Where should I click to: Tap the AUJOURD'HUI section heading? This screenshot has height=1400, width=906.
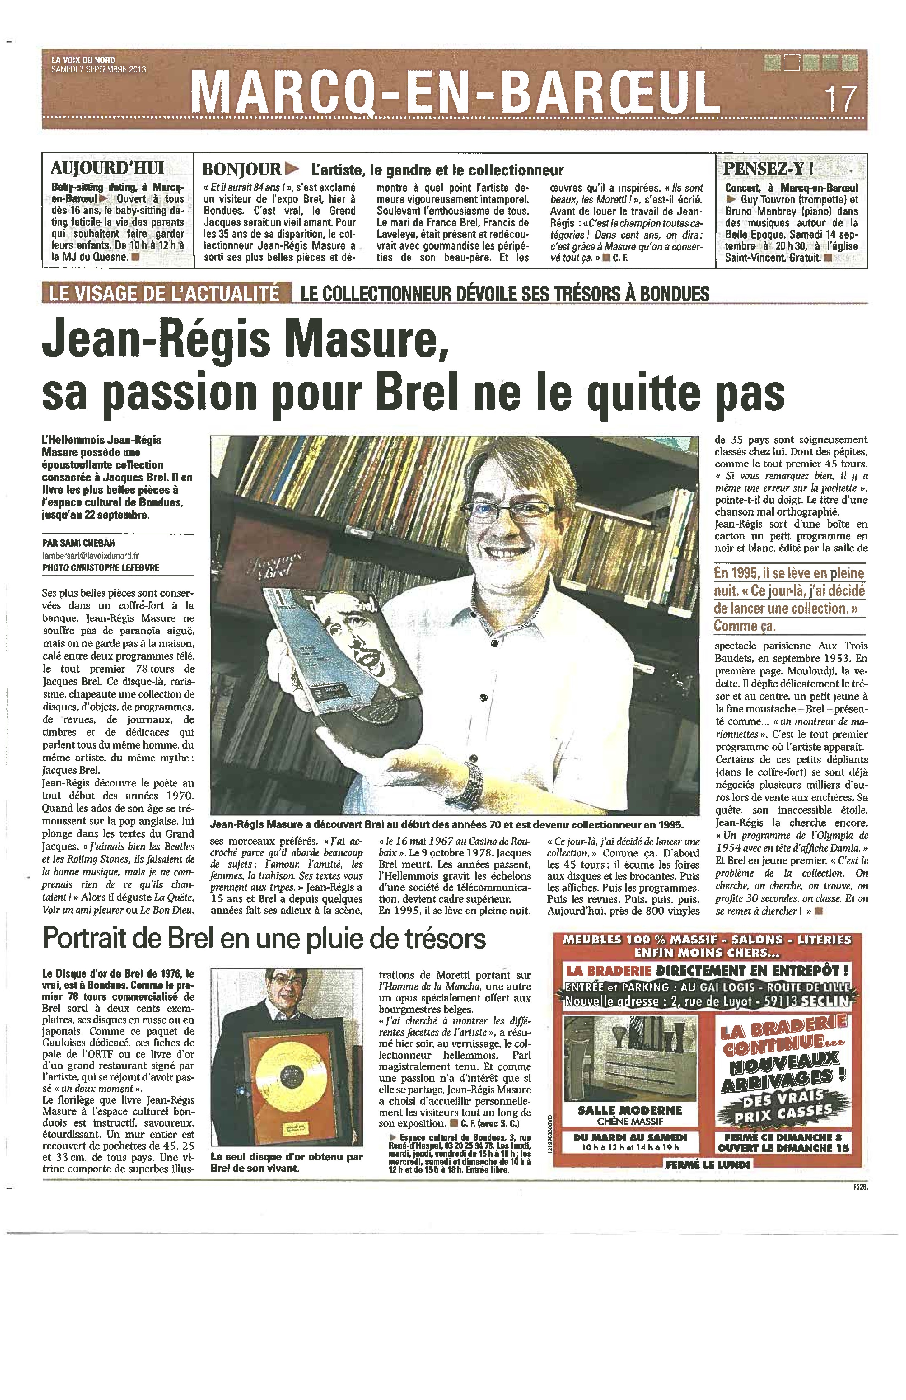click(x=107, y=168)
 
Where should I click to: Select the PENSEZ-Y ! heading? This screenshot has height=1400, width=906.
click(x=768, y=168)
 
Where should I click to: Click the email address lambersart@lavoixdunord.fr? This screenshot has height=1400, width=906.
click(x=91, y=555)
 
